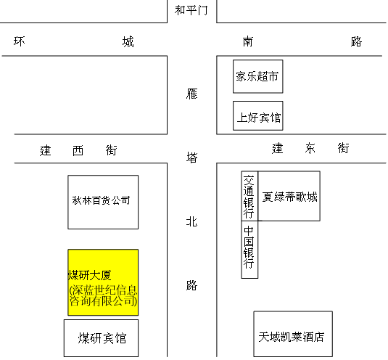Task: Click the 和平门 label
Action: [x=191, y=10]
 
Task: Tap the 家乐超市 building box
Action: [x=258, y=76]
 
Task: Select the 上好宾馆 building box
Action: [x=258, y=115]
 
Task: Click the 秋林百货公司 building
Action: [x=103, y=202]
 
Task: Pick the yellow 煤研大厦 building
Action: [x=103, y=282]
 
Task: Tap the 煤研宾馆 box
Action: [x=101, y=338]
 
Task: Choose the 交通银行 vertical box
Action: [x=249, y=196]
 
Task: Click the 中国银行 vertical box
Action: [x=249, y=250]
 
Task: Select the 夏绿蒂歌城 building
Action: [x=289, y=196]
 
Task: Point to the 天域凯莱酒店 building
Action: [x=293, y=334]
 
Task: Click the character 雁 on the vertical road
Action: [x=191, y=94]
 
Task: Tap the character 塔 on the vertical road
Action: [x=191, y=157]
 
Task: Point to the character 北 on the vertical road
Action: [x=191, y=221]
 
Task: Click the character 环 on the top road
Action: [x=19, y=41]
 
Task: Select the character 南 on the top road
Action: [x=248, y=41]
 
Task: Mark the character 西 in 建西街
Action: [x=78, y=150]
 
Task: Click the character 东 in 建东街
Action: [x=310, y=148]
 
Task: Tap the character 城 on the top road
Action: [x=128, y=41]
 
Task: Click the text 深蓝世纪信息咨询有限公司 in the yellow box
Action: [x=103, y=295]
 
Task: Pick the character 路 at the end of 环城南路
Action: [x=356, y=41]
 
